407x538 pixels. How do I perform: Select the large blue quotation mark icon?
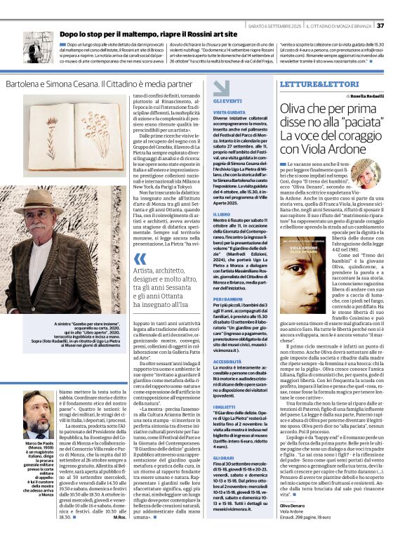coord(140,259)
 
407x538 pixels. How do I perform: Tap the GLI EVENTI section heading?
coord(223,103)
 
